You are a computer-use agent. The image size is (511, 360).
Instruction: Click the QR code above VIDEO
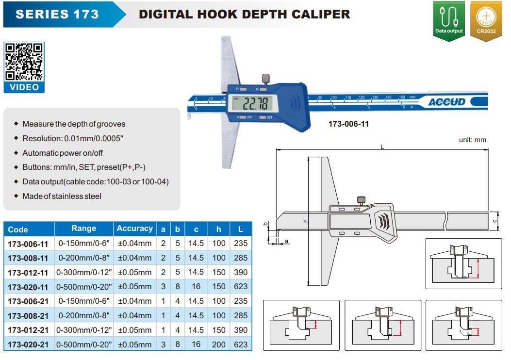click(24, 62)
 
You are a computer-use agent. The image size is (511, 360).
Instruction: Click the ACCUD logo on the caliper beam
click(447, 102)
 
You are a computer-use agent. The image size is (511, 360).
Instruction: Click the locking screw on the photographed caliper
click(266, 79)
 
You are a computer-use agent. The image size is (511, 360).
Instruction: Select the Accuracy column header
click(134, 229)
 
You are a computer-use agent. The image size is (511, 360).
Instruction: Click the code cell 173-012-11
click(28, 272)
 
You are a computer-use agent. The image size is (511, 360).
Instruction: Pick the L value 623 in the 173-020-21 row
click(241, 344)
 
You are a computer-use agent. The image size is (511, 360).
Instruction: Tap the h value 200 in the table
click(219, 344)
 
